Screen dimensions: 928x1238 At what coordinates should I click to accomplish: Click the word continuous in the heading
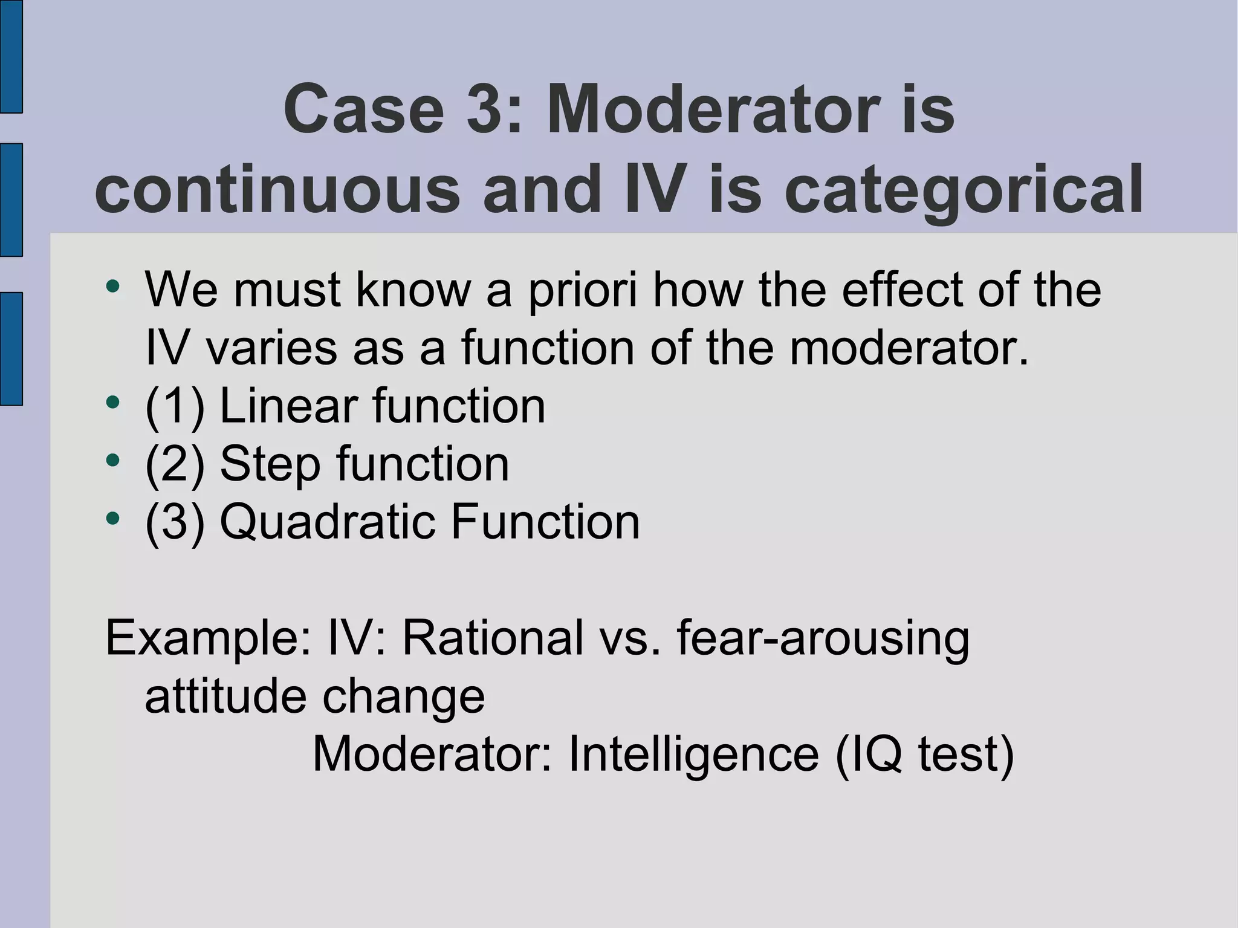click(277, 190)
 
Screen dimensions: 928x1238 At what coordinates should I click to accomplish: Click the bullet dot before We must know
click(112, 286)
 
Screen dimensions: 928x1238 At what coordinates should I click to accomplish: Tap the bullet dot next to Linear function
click(112, 402)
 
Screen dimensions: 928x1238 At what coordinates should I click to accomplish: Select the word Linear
click(289, 406)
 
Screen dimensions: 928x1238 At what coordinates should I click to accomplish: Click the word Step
click(270, 464)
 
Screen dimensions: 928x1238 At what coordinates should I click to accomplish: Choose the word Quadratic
click(327, 522)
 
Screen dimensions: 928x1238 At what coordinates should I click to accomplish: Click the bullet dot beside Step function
click(112, 460)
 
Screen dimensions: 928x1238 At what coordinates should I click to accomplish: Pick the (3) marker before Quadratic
click(175, 522)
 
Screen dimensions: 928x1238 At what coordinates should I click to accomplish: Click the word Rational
click(493, 638)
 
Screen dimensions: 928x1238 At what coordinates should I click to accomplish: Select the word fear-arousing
click(823, 638)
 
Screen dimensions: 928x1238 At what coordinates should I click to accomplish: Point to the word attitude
click(225, 696)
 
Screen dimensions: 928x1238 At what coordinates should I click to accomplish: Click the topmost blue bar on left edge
click(11, 56)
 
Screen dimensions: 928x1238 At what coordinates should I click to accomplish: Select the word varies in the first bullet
click(271, 348)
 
